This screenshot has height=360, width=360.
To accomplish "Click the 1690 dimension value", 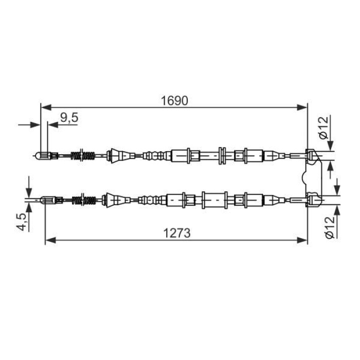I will (173, 100).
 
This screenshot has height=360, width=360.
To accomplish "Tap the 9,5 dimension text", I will (69, 118).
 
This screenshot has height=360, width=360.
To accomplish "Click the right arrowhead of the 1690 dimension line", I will (303, 107).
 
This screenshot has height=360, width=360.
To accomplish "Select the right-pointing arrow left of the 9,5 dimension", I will (35, 124).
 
